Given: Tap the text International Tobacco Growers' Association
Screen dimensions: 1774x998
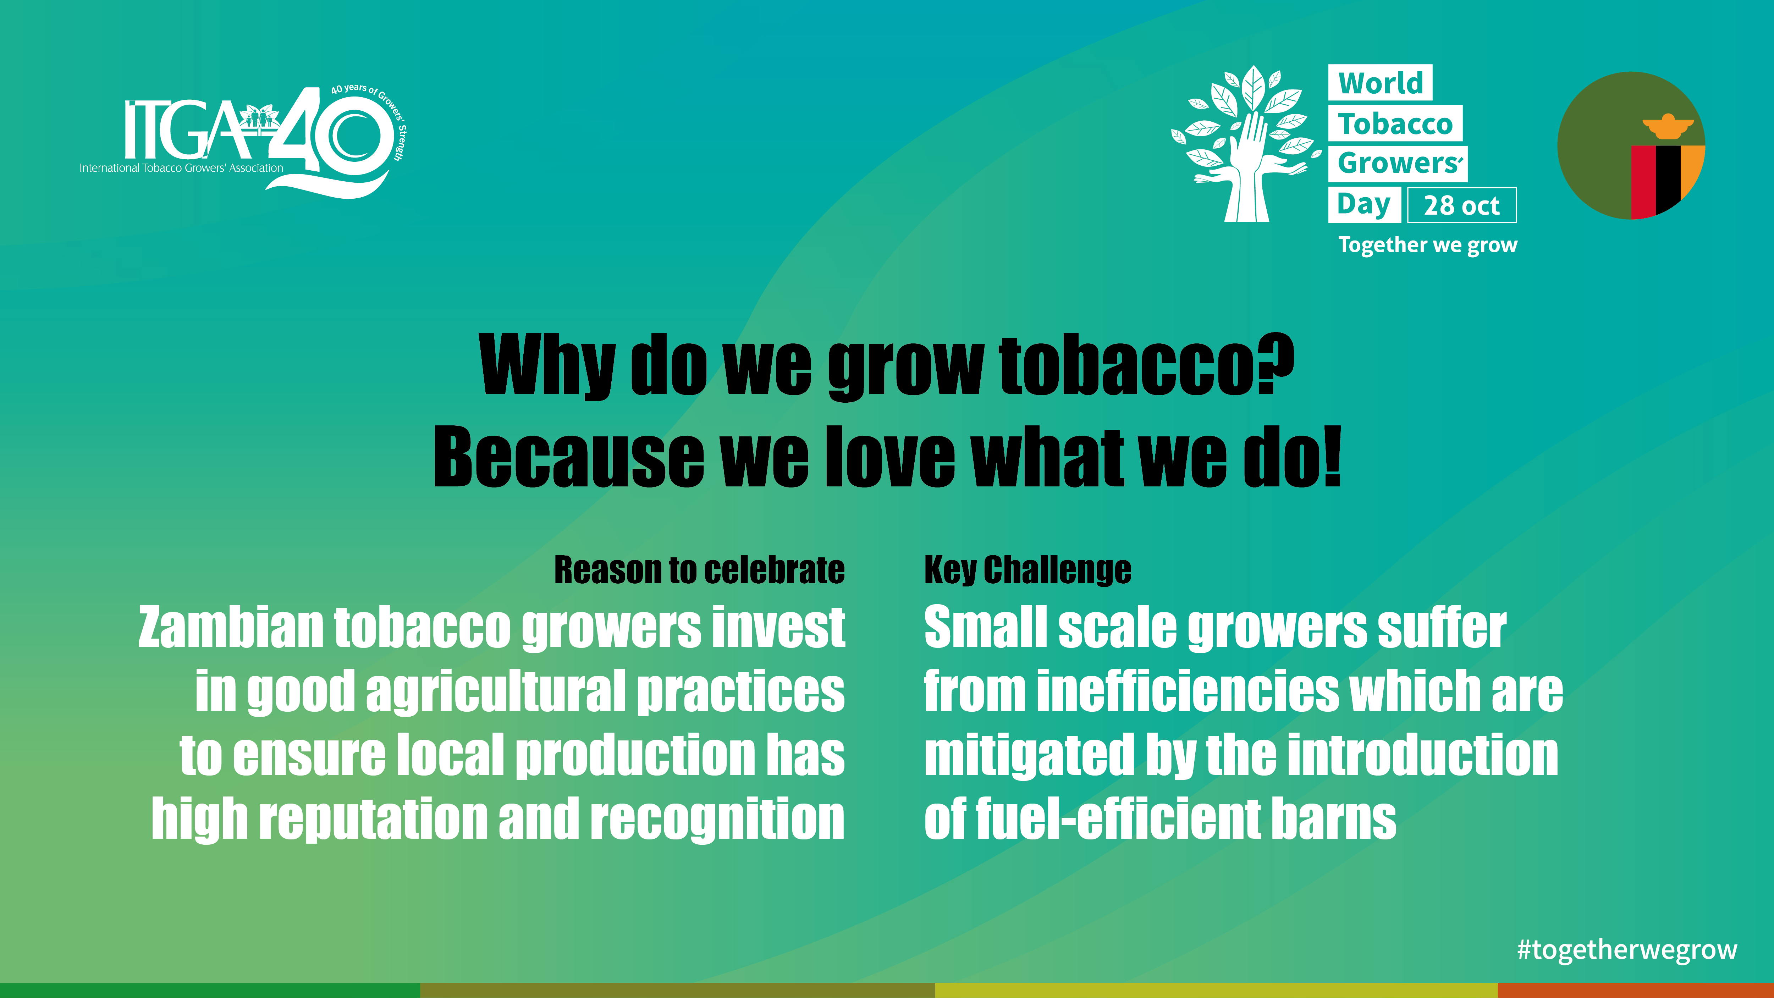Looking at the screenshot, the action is point(181,168).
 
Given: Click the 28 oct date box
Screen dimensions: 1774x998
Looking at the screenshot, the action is point(1461,205).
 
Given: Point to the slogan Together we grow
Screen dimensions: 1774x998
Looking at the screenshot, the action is point(1428,245).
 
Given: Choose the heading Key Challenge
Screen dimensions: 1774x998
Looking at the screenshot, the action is point(1028,570).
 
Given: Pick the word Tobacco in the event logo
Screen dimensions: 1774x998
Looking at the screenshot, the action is point(1395,124).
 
